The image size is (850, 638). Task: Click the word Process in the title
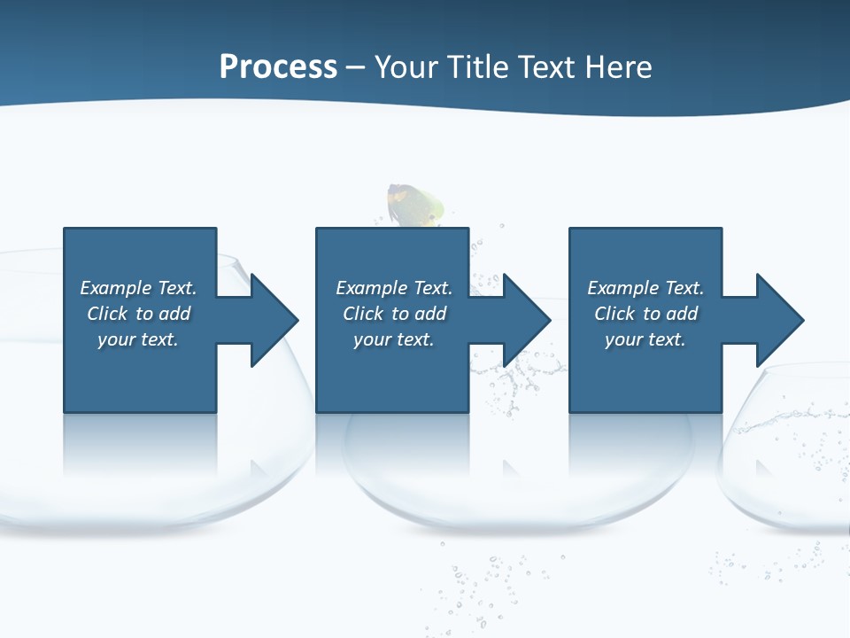(278, 67)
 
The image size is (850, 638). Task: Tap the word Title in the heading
(477, 67)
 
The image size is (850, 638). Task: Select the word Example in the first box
(116, 288)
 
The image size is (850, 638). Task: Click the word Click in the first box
(107, 314)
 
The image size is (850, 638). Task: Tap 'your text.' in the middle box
(393, 339)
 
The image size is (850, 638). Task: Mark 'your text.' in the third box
(645, 339)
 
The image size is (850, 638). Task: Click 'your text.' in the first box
(137, 339)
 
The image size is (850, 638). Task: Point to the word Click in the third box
(614, 314)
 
